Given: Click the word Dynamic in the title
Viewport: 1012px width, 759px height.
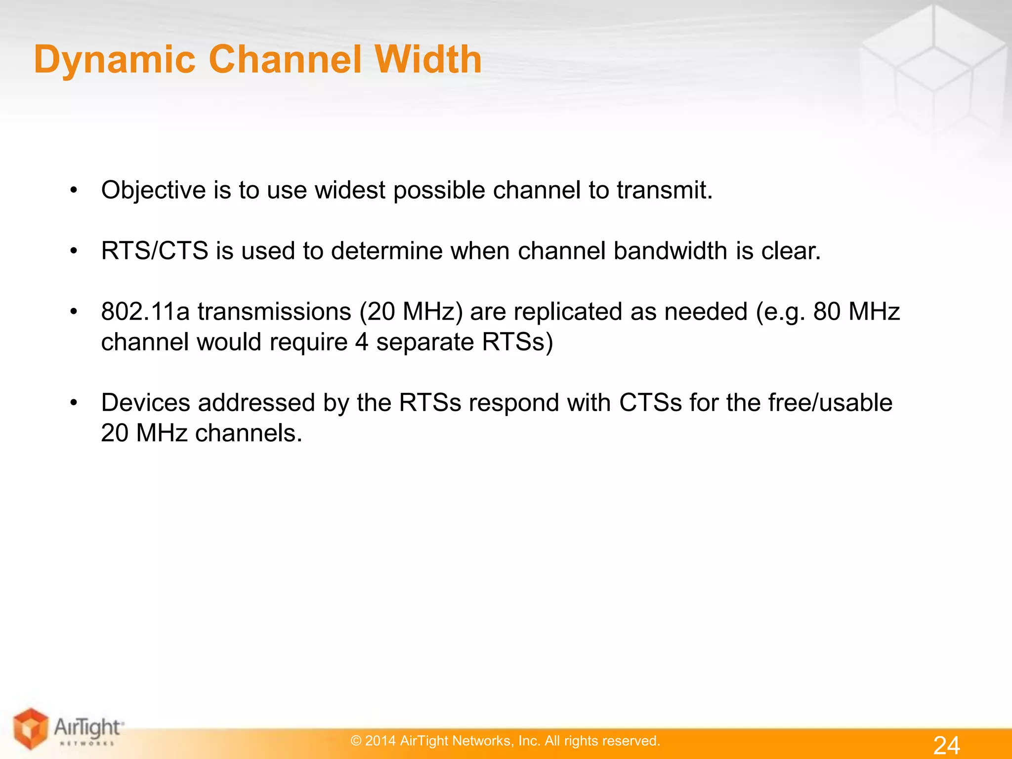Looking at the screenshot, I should (x=115, y=60).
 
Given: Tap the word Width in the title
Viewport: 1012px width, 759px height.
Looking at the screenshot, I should (x=428, y=59).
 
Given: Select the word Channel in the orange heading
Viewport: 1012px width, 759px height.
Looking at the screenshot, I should (x=285, y=59).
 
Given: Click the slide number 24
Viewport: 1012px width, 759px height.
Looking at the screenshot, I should (x=946, y=745).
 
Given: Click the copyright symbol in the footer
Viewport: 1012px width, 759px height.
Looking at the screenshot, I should (x=356, y=741).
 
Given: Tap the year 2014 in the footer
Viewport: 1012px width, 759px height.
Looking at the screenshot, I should (x=380, y=741).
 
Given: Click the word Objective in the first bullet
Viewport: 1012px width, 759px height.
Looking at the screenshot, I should (x=153, y=191).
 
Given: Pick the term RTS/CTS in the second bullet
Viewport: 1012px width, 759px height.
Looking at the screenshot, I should (x=154, y=251).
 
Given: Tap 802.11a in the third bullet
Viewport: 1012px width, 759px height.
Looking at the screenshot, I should (x=145, y=311).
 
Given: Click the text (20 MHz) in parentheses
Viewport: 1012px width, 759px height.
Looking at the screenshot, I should (x=411, y=312).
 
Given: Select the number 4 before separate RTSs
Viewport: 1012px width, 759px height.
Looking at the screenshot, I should (x=362, y=342).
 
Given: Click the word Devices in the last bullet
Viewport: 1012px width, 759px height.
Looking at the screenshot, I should (x=145, y=402).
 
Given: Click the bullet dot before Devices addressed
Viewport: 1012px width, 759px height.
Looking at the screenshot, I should (x=74, y=403).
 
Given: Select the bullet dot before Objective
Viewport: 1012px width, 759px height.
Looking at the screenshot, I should (x=74, y=190).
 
